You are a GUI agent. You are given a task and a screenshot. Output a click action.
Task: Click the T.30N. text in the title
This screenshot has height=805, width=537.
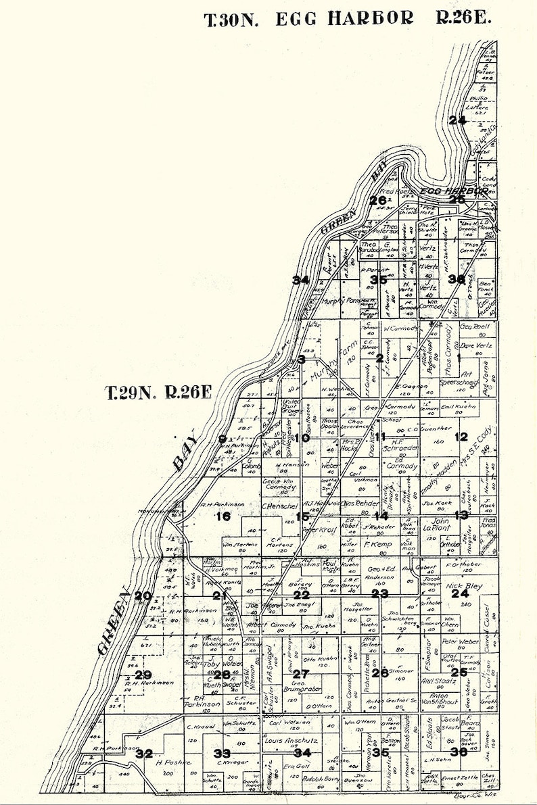[x=231, y=20]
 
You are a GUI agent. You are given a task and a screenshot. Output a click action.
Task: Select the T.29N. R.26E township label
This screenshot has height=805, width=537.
[x=160, y=393]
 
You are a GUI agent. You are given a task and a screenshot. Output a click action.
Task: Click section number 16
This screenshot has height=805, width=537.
[x=223, y=517]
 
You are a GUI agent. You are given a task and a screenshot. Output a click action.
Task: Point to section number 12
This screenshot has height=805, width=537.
[x=461, y=437]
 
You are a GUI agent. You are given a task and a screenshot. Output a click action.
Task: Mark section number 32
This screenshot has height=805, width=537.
[x=143, y=754]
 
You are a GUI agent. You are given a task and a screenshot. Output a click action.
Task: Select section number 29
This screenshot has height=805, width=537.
[x=143, y=675]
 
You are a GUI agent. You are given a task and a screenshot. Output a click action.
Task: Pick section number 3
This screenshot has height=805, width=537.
[x=302, y=359]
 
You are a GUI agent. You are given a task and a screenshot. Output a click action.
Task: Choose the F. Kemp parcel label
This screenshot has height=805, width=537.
[x=378, y=543]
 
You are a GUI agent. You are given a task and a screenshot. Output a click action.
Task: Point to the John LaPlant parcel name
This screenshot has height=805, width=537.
[x=436, y=525]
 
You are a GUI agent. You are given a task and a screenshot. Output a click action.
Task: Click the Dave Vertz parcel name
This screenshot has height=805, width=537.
[x=476, y=345]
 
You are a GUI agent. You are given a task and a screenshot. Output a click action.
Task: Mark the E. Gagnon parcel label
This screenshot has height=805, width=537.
[x=407, y=387]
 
